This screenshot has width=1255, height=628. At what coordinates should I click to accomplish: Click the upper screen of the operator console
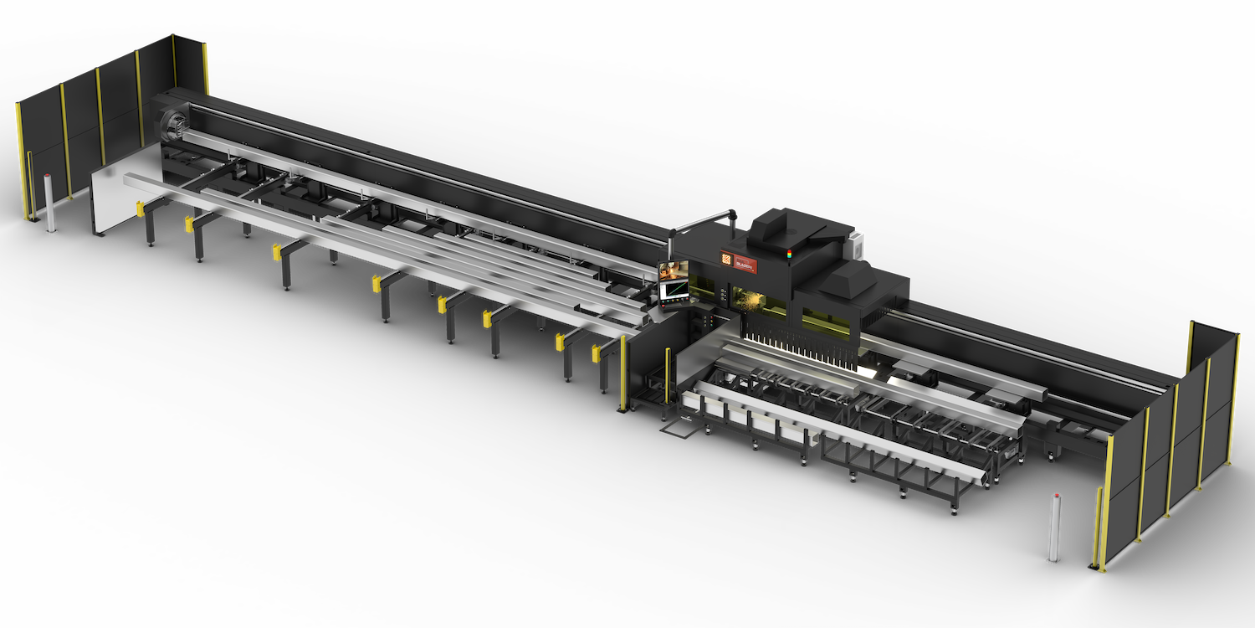pyautogui.click(x=673, y=270)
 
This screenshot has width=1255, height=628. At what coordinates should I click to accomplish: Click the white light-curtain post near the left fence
pyautogui.click(x=49, y=204)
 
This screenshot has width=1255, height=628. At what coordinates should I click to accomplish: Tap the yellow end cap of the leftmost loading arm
pyautogui.click(x=189, y=223)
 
